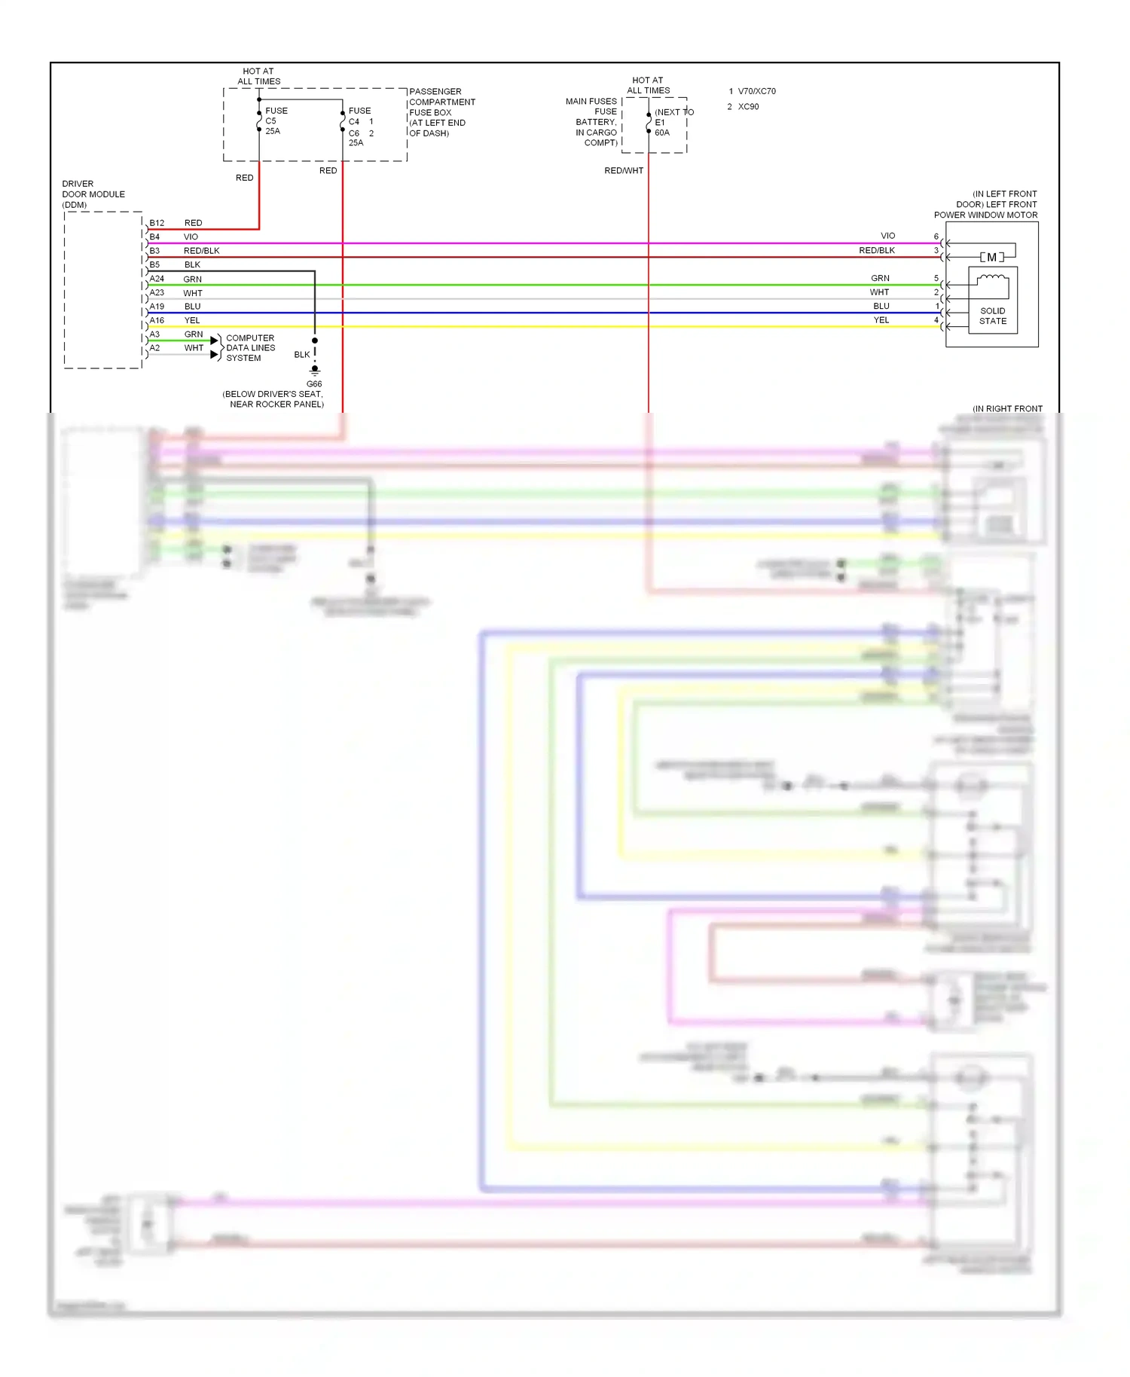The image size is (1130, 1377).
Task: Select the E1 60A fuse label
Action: pyautogui.click(x=661, y=127)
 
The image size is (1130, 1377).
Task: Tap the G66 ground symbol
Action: pyautogui.click(x=315, y=371)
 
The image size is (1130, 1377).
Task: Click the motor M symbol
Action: pyautogui.click(x=991, y=258)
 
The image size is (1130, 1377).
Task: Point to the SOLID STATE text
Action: pyautogui.click(x=992, y=316)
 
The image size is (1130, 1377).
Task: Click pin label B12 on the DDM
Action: pyautogui.click(x=157, y=223)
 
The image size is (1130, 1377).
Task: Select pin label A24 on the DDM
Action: pyautogui.click(x=157, y=279)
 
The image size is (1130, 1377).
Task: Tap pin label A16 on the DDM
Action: pyautogui.click(x=157, y=320)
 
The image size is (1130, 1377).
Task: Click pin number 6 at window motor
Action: pyautogui.click(x=936, y=237)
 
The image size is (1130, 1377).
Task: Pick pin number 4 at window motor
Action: pyautogui.click(x=936, y=320)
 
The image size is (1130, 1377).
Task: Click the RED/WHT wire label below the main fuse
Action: pyautogui.click(x=624, y=171)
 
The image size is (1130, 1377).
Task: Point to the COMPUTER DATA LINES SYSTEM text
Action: pyautogui.click(x=250, y=348)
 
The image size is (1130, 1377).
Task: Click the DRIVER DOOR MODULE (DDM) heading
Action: pyautogui.click(x=93, y=194)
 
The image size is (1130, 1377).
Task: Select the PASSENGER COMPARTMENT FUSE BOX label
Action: pyautogui.click(x=442, y=112)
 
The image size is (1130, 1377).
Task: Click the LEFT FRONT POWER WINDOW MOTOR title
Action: pyautogui.click(x=986, y=205)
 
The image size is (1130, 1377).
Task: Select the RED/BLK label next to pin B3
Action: pyautogui.click(x=201, y=251)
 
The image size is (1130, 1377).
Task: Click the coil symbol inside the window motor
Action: pyautogui.click(x=992, y=280)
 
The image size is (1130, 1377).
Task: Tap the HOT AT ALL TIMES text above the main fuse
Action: pyautogui.click(x=648, y=85)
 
